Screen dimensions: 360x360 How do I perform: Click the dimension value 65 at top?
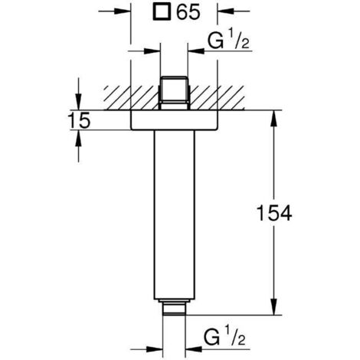point(190,12)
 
